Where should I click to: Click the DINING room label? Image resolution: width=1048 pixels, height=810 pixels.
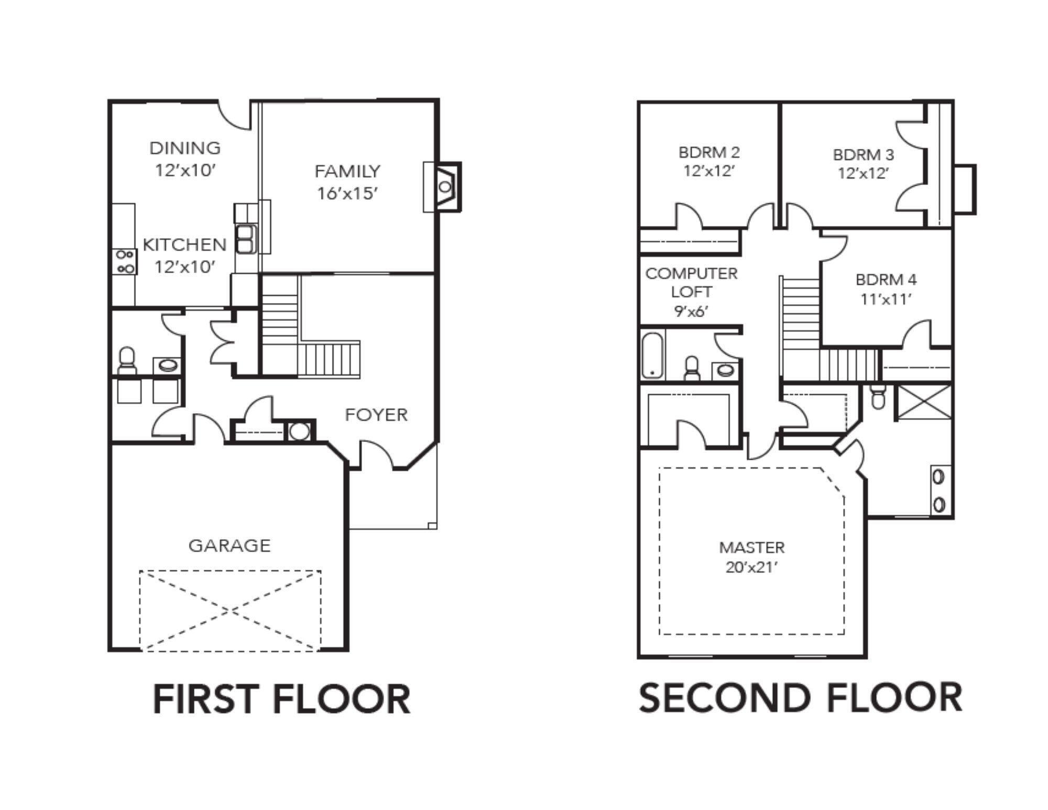tap(185, 148)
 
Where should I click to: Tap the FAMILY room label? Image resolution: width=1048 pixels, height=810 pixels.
tap(347, 171)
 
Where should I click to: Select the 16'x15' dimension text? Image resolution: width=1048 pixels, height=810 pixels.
tap(347, 194)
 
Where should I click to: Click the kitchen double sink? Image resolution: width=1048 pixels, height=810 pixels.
tap(245, 239)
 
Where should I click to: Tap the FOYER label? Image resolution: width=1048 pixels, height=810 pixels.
tap(376, 415)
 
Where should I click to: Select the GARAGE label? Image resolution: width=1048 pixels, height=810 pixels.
tap(230, 546)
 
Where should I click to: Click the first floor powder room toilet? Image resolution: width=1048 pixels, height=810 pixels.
tap(127, 361)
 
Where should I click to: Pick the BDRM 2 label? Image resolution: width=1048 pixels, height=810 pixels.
tap(709, 153)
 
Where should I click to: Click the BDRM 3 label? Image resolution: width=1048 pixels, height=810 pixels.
tap(864, 155)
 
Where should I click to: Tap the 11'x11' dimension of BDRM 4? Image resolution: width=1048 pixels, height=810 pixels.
tap(886, 299)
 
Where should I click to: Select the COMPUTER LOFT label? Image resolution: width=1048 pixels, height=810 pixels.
tap(692, 283)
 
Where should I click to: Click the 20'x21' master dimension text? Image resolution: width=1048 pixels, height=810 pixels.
tap(751, 567)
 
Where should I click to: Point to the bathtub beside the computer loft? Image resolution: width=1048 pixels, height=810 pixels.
tap(652, 355)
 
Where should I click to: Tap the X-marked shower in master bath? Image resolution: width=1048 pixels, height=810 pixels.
tap(924, 402)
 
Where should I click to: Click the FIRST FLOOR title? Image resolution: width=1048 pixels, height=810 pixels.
tap(281, 699)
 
